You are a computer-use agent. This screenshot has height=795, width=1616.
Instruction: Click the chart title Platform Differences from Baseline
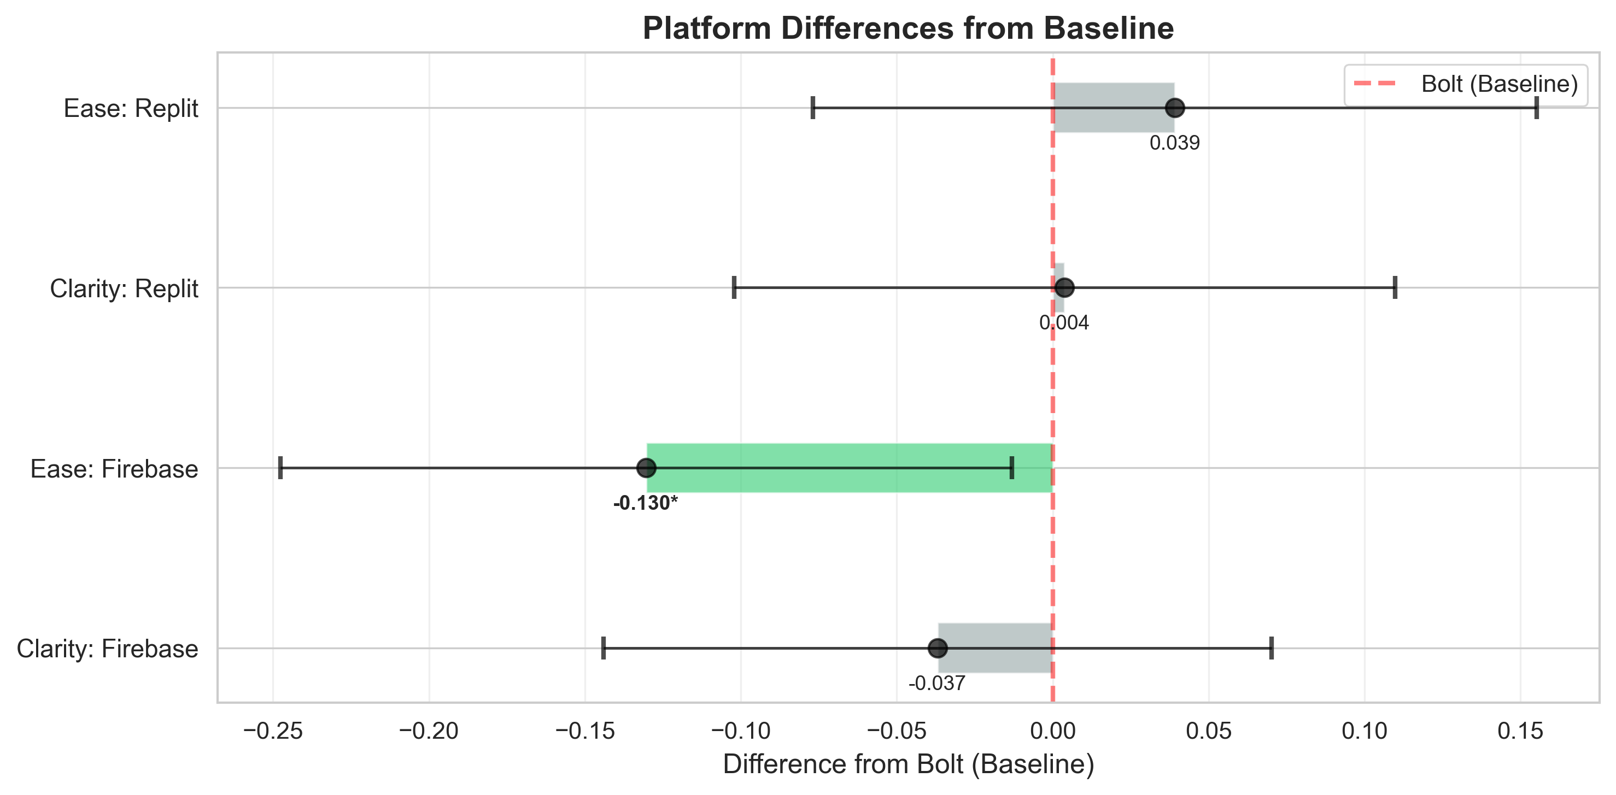click(x=907, y=29)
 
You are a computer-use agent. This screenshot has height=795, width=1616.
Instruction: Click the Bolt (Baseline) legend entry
click(x=1466, y=84)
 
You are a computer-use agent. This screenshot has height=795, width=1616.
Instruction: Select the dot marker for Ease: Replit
click(x=1174, y=108)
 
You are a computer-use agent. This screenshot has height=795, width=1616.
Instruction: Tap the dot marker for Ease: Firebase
click(x=646, y=468)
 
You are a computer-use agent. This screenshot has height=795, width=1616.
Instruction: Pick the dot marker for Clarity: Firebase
click(x=937, y=648)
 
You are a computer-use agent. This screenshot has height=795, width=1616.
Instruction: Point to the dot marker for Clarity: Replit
click(x=1064, y=288)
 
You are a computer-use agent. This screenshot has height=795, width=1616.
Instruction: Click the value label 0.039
click(x=1174, y=144)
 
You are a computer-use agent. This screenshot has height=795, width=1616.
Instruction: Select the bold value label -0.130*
click(x=646, y=503)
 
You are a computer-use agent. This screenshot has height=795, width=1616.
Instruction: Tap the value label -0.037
click(x=936, y=684)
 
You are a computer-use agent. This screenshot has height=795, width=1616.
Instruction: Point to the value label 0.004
click(x=1064, y=323)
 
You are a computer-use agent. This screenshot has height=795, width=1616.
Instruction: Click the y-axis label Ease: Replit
click(x=131, y=109)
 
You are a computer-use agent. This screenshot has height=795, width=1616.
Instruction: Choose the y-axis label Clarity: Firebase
click(x=107, y=649)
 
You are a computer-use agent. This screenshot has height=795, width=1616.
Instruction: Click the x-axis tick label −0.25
click(x=273, y=731)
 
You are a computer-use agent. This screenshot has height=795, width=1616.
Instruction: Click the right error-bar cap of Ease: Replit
click(x=1536, y=108)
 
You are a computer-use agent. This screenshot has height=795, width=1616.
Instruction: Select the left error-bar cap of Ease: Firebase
click(x=280, y=468)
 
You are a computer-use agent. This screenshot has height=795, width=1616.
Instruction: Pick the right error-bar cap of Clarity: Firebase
click(x=1271, y=648)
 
